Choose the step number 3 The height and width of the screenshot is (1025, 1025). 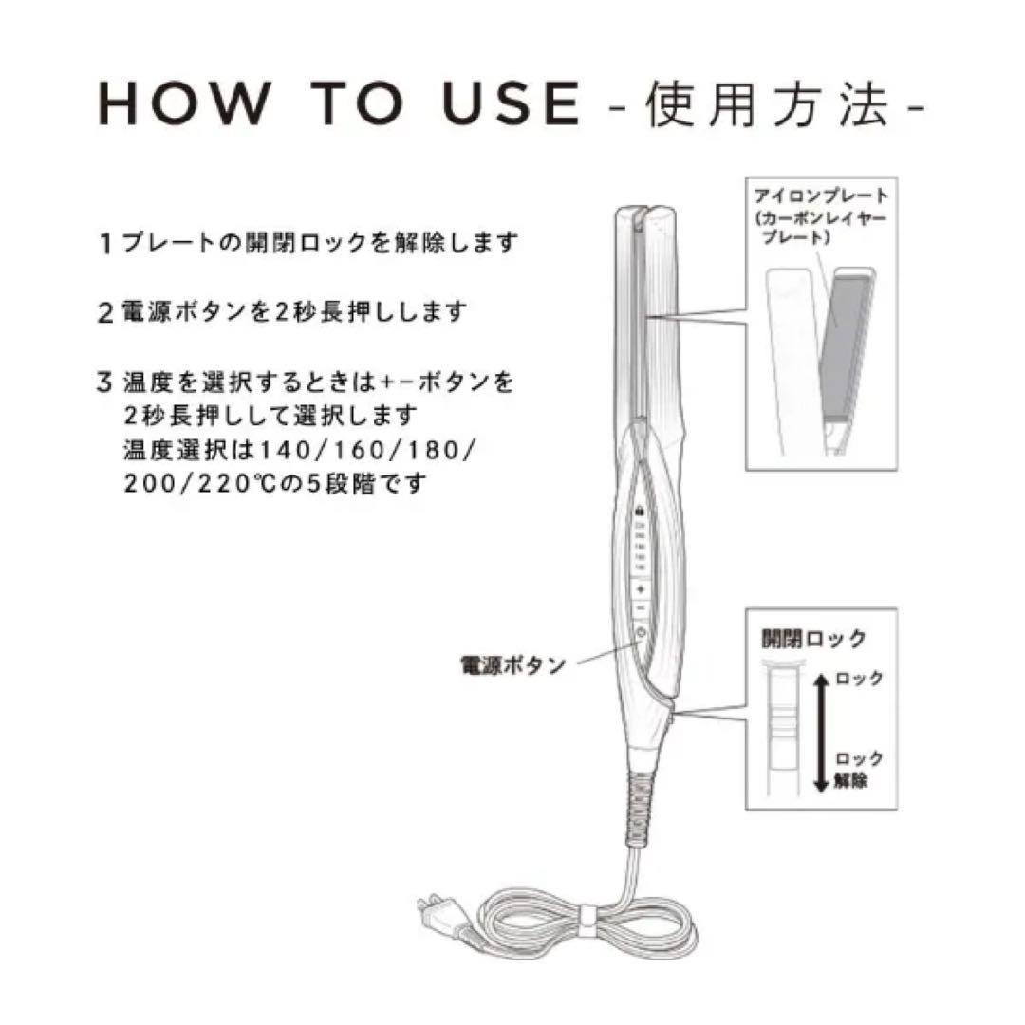pyautogui.click(x=106, y=382)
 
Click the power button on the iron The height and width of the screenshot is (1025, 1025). pyautogui.click(x=641, y=634)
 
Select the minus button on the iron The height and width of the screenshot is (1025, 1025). pyautogui.click(x=641, y=607)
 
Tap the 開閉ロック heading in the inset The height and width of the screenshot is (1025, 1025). pyautogui.click(x=813, y=640)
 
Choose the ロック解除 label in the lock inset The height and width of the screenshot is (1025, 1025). pyautogui.click(x=860, y=771)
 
